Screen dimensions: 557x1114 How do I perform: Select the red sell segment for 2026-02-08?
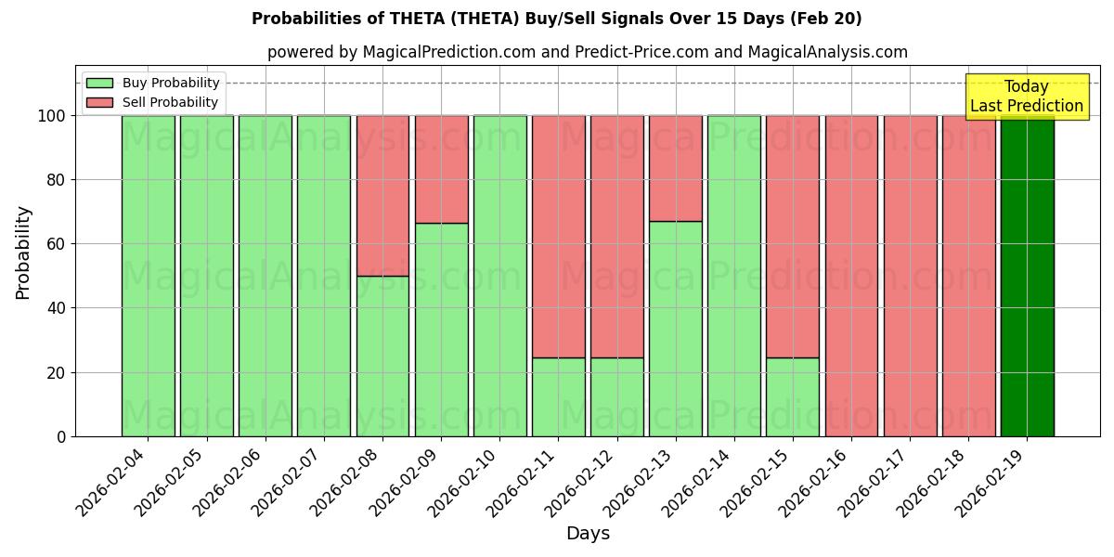(x=382, y=195)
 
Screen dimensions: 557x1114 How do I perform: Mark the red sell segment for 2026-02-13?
(x=676, y=168)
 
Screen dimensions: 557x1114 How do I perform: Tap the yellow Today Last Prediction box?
(x=1027, y=97)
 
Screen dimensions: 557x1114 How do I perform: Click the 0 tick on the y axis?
(x=61, y=436)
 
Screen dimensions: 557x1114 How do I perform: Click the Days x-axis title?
(x=588, y=534)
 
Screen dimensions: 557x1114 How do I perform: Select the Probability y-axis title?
(x=23, y=252)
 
